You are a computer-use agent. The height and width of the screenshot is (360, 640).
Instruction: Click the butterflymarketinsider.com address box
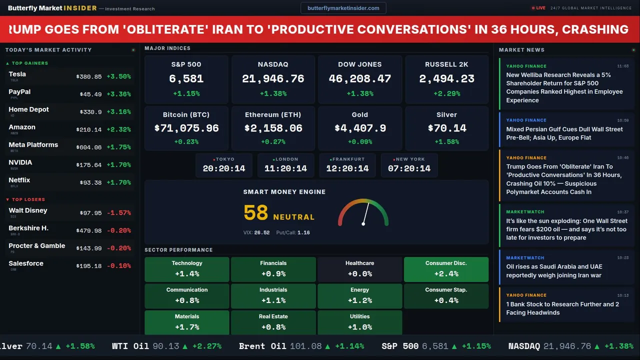coord(343,8)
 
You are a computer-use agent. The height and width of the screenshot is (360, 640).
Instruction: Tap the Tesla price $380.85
coord(89,77)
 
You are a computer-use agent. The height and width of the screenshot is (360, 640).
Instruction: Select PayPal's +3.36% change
coord(119,94)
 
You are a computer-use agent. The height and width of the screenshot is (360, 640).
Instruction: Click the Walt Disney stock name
coord(28,210)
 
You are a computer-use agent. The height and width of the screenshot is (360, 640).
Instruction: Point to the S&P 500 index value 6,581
coord(186,78)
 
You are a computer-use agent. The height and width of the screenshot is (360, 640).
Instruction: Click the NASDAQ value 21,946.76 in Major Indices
coord(273,78)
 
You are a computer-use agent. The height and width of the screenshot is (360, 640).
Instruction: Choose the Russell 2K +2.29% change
coord(446,93)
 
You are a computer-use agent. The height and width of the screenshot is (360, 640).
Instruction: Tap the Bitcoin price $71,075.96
coord(186,128)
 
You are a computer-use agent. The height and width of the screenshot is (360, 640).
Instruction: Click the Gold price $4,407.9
coord(360,128)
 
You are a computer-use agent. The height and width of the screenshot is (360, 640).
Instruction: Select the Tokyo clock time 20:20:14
coord(224,168)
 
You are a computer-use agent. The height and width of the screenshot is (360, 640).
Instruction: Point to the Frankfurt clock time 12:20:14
coord(347,168)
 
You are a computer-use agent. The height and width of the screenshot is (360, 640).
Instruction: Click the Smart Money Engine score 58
coord(256,213)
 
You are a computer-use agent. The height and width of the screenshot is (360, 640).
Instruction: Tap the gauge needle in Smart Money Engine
coord(365,213)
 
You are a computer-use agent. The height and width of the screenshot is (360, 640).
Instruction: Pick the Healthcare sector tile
coord(360,269)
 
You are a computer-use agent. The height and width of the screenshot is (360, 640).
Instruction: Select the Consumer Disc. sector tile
coord(446,269)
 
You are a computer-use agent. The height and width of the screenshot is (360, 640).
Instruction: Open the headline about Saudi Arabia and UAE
coord(554,271)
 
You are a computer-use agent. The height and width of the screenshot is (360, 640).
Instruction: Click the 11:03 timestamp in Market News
coord(623,66)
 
